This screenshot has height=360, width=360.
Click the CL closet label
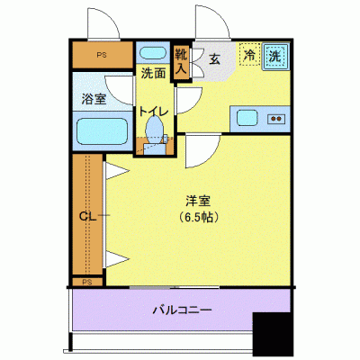[x=88, y=215]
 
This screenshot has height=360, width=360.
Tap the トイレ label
[x=153, y=112]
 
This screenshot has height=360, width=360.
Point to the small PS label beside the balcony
[x=87, y=283]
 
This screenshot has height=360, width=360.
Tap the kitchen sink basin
[x=247, y=118]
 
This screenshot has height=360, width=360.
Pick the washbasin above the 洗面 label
[x=153, y=52]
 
